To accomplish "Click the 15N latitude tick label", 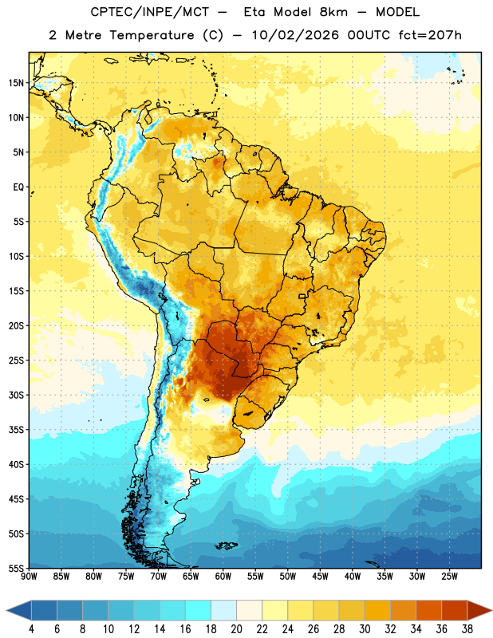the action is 16,83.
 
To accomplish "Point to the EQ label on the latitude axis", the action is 18,187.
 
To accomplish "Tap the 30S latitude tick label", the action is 16,395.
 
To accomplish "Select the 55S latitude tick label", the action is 16,569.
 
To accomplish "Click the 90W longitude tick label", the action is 29,577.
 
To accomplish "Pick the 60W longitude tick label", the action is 223,577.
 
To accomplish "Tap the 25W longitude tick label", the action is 449,577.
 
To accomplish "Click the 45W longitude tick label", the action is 320,577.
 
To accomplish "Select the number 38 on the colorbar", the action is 467,629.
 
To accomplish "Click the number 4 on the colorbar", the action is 31,629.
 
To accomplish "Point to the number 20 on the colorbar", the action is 236,629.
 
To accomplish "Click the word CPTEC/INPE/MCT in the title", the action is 150,12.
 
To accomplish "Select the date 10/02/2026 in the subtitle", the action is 295,35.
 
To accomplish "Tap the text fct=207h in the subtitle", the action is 430,35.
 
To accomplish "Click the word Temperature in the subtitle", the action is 152,36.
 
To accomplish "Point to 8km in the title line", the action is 333,12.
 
